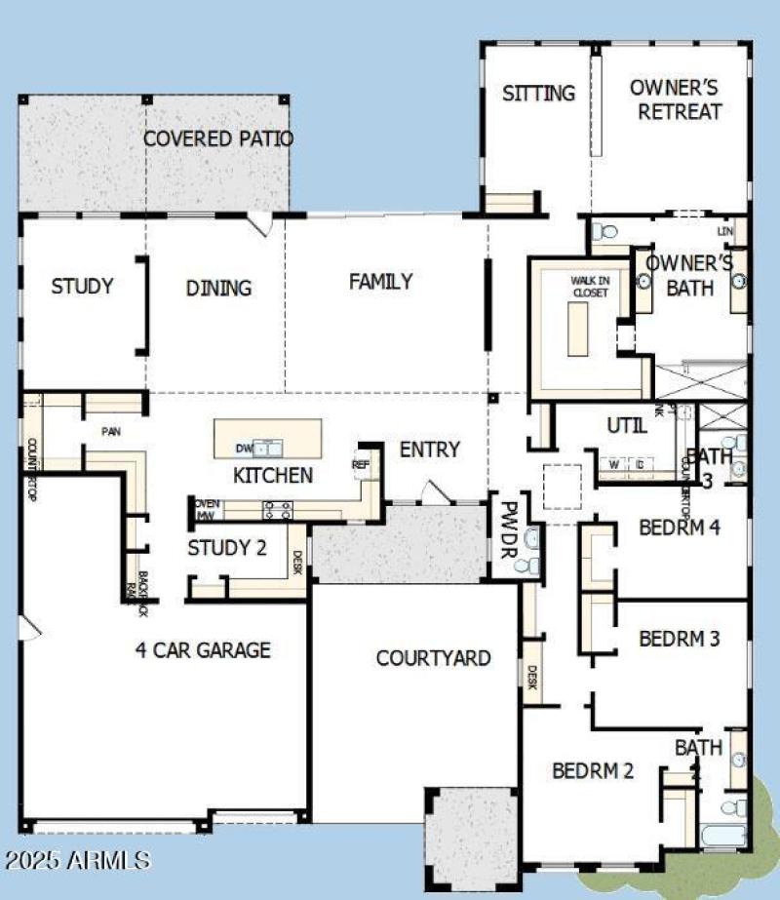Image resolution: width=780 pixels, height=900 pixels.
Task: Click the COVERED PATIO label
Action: [217, 138]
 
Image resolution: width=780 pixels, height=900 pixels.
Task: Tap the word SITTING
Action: [538, 94]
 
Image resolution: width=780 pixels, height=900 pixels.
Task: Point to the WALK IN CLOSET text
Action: [589, 286]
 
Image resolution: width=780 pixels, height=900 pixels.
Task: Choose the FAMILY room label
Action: [380, 282]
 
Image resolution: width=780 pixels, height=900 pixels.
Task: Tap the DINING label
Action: [218, 288]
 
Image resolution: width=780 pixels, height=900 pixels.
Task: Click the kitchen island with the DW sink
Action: [268, 438]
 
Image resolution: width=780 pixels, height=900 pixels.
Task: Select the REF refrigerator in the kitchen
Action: [361, 465]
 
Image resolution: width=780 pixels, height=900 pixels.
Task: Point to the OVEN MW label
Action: [206, 509]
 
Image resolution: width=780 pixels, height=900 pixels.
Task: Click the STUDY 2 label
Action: [226, 548]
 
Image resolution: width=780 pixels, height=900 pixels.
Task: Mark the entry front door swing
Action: [436, 492]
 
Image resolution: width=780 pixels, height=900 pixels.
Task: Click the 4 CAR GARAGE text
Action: [203, 649]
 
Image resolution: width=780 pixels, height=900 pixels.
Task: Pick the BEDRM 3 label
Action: [679, 639]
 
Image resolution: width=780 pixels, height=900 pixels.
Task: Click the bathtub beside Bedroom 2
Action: [721, 835]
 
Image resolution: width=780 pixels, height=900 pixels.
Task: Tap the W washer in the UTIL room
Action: [614, 464]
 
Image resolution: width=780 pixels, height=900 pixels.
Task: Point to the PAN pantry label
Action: [109, 430]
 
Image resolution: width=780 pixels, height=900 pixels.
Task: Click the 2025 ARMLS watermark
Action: [77, 860]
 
